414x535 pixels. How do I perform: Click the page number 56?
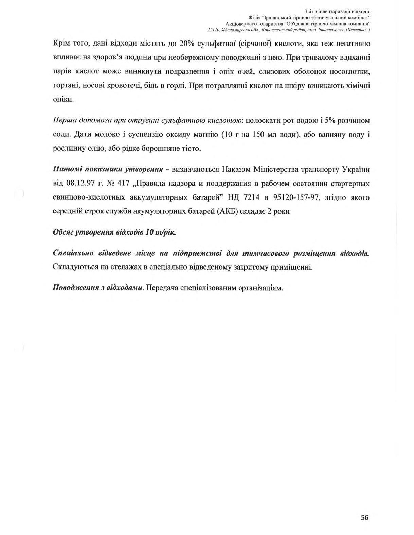tap(364, 517)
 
